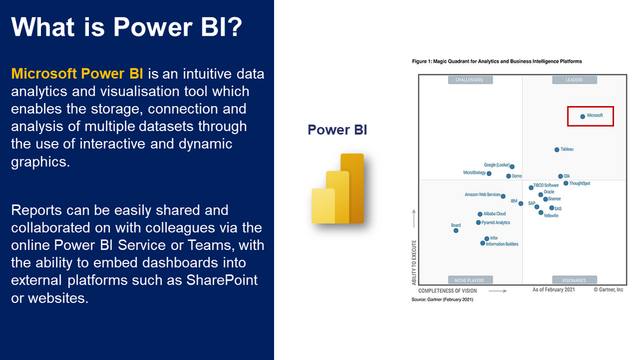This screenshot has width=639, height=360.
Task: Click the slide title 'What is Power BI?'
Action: (127, 27)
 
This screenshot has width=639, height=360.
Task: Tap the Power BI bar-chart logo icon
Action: (337, 189)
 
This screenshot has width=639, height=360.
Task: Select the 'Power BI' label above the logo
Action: (337, 130)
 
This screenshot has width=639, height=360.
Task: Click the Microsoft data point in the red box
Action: (582, 116)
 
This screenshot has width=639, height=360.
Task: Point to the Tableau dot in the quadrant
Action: (557, 150)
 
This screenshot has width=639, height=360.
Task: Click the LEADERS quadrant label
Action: (574, 80)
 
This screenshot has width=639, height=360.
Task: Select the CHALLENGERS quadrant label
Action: (469, 80)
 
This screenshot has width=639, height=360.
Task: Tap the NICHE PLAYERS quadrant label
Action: (469, 280)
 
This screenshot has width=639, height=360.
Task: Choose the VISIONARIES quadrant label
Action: (574, 280)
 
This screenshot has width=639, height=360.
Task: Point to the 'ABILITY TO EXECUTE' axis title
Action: (414, 262)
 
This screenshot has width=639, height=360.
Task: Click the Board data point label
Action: (456, 226)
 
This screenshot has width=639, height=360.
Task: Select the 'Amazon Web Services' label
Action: (482, 194)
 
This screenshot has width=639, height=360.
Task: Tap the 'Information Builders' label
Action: (502, 244)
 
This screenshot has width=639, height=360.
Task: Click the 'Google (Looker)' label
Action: (497, 165)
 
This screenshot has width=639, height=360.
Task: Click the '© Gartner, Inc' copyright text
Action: (608, 290)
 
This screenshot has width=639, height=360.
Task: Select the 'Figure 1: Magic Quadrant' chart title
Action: (497, 61)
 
